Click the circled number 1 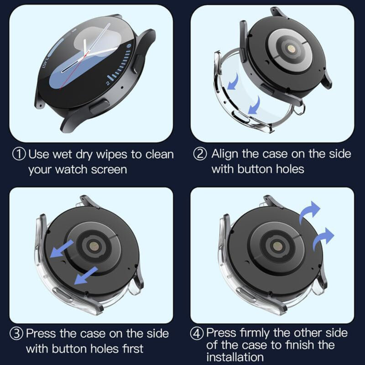click(19, 154)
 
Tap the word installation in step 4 click(235, 356)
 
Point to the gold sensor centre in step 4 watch click(276, 245)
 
